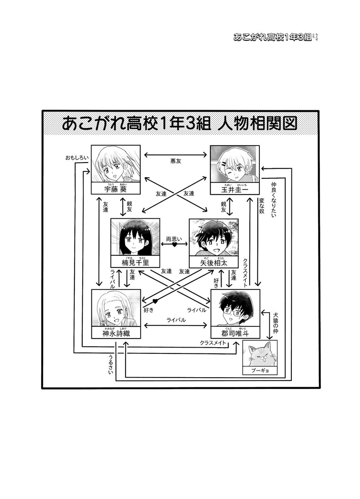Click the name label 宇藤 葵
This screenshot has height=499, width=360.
116,190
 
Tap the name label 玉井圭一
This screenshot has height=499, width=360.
234,190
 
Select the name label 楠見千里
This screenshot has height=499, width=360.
136,262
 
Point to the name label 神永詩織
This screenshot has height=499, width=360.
116,334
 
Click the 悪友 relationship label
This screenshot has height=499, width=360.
176,160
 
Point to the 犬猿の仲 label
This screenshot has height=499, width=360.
275,323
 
